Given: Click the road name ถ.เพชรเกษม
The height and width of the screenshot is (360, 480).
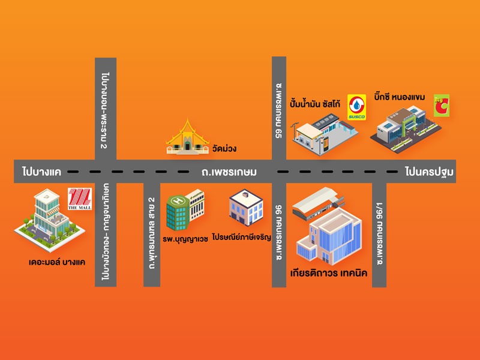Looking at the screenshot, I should point(229,173).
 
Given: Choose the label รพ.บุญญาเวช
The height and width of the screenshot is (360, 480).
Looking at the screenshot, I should point(185,238).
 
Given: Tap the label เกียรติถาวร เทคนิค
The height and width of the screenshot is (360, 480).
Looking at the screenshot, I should point(328,274).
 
